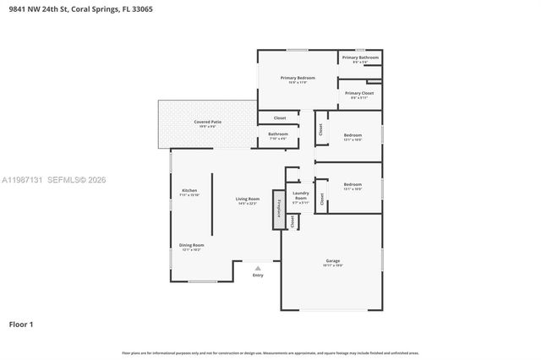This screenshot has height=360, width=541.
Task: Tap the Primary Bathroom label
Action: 360,58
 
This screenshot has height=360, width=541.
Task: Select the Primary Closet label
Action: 359,94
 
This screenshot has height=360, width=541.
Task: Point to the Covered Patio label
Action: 207,123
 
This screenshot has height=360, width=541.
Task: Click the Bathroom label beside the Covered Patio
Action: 278,134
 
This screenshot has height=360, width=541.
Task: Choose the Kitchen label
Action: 189,191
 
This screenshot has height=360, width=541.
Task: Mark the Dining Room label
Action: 191,246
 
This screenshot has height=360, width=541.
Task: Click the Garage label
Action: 333,261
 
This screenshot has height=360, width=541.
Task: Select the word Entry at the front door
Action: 258,275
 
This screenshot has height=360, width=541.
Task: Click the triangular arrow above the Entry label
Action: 258,268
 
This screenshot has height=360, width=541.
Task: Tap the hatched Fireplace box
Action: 276,209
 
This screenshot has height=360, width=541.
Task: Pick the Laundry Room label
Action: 301,197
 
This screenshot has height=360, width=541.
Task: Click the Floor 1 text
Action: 21,324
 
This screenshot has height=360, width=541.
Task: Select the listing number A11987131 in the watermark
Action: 22,179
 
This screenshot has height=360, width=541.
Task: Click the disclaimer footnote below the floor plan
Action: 270,352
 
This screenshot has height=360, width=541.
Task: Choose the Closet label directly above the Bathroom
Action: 280,117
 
